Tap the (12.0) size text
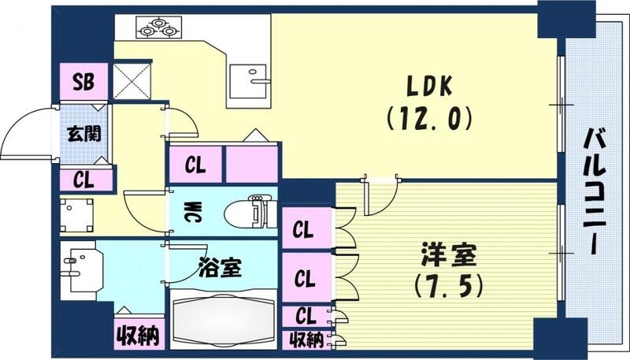428,118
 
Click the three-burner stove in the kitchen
158,28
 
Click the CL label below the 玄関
83,179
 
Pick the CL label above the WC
195,165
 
